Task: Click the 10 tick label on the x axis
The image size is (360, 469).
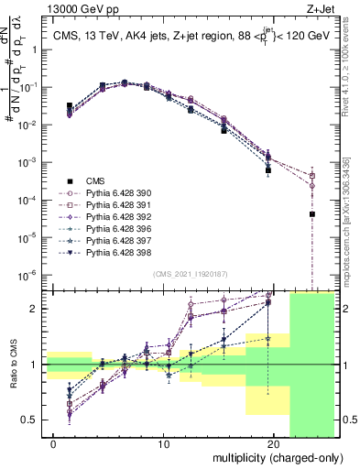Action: tap(164, 444)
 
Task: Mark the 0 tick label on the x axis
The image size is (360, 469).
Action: tap(54, 444)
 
